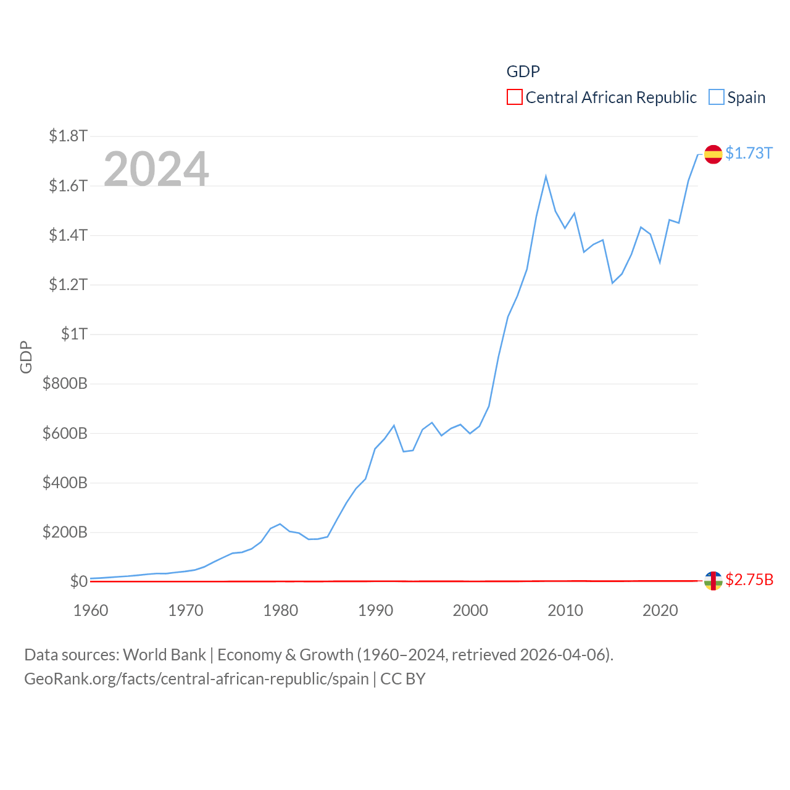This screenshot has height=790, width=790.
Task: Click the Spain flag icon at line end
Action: click(x=713, y=154)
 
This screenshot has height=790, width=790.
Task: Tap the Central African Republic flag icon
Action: click(x=713, y=580)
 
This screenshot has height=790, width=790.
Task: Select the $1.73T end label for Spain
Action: click(x=749, y=153)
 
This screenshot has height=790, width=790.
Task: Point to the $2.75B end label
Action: click(x=749, y=580)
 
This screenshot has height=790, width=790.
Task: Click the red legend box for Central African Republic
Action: click(x=514, y=98)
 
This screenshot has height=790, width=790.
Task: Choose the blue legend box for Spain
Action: click(x=716, y=98)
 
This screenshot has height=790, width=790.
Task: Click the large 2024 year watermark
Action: click(x=156, y=169)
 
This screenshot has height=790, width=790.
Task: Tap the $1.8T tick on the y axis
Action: click(x=68, y=136)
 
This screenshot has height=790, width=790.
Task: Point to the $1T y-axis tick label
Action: click(x=74, y=334)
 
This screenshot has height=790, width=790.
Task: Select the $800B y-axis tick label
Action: click(x=65, y=383)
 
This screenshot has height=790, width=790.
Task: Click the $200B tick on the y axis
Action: click(x=65, y=532)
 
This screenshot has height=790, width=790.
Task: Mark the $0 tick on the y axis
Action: click(x=78, y=581)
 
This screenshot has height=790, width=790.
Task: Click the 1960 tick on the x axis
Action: click(x=91, y=610)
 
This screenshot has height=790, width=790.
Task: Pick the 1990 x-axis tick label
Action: click(x=375, y=610)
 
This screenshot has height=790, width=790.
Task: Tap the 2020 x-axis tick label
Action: click(x=660, y=610)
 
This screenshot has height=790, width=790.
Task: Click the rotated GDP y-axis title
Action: click(x=26, y=357)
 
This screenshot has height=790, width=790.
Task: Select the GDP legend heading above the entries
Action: click(x=523, y=72)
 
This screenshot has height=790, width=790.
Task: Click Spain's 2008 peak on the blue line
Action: click(x=546, y=177)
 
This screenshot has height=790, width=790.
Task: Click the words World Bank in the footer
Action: click(x=164, y=654)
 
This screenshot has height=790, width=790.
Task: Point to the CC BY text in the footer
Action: click(x=402, y=679)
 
